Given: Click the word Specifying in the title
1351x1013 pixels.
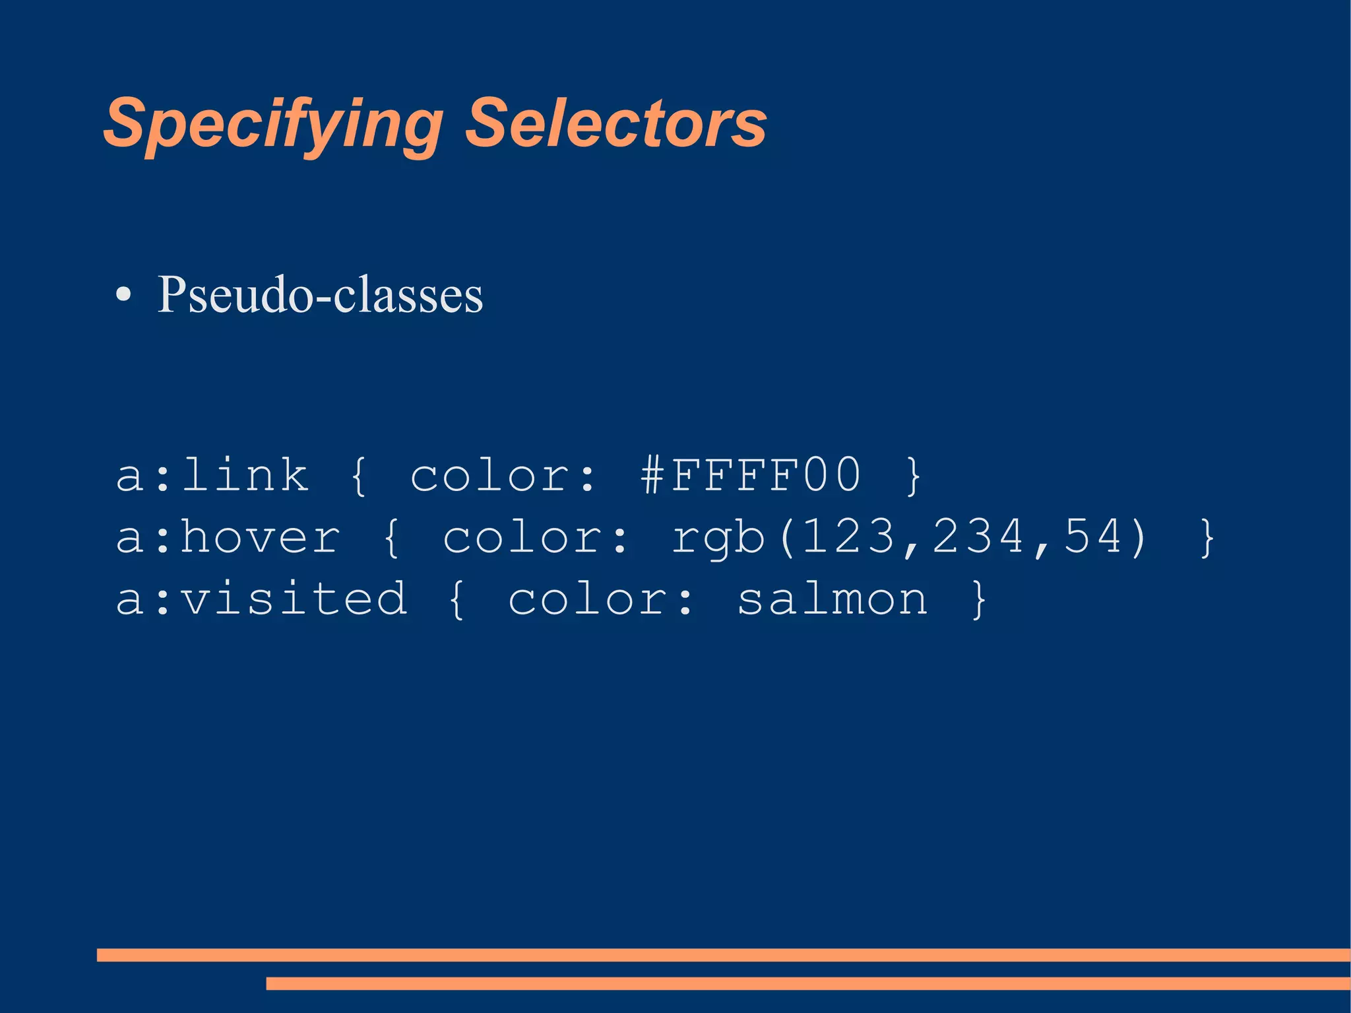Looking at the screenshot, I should pos(272,124).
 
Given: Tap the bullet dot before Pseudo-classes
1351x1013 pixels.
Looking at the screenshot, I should pos(123,295).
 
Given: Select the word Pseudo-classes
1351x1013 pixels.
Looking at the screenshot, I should pos(321,295).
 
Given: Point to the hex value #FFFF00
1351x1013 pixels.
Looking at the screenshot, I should pos(751,475).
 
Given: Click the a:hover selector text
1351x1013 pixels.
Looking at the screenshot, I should pos(228,537).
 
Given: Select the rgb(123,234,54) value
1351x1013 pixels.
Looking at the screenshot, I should pos(910,537).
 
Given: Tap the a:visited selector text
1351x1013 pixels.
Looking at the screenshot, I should pos(261,599).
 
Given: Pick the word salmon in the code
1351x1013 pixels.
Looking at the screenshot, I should pos(833,599).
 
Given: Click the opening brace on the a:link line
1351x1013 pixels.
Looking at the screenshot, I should pos(359,476).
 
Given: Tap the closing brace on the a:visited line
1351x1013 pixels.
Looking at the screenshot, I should pos(979,600).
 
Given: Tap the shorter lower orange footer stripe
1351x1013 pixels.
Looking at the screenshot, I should pos(808,983).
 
